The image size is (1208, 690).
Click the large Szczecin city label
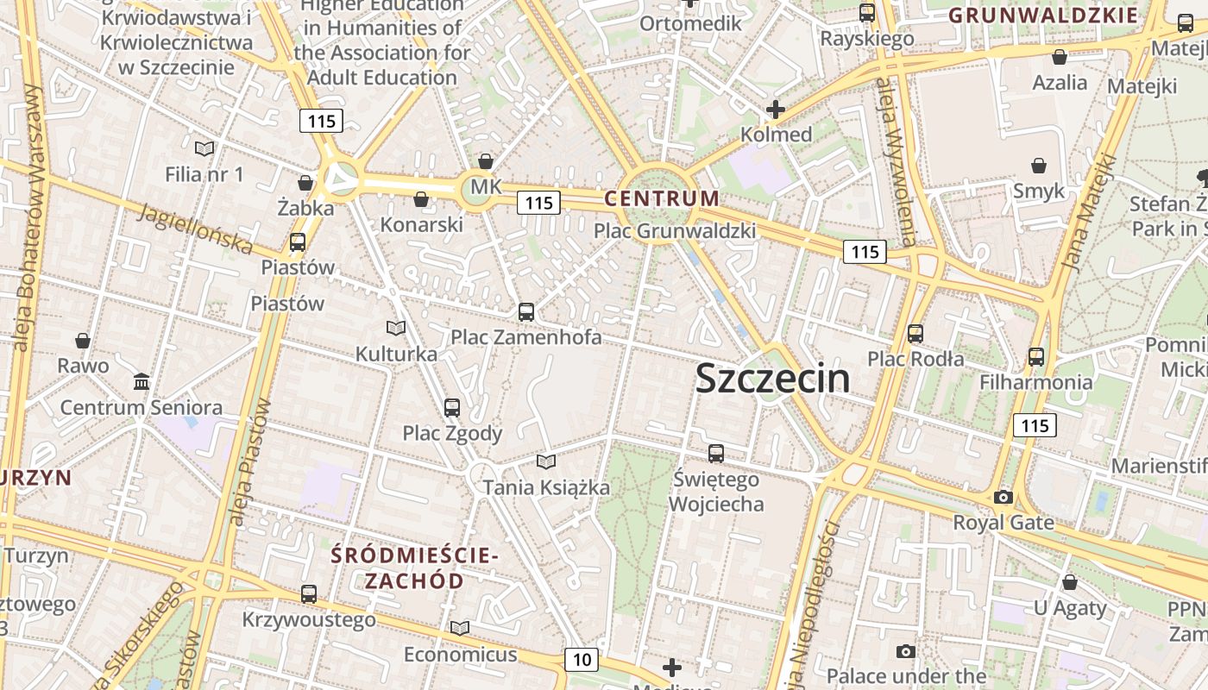(x=772, y=379)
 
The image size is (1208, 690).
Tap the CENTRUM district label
(x=661, y=198)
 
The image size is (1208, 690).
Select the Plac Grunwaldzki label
(x=675, y=230)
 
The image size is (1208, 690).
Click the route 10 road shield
(x=582, y=660)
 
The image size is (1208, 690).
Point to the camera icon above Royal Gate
(x=1003, y=497)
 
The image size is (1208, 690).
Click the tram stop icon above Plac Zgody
(x=451, y=407)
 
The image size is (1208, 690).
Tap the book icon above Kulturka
(x=395, y=329)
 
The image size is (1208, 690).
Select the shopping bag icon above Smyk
(x=1039, y=165)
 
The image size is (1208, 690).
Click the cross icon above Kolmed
(x=775, y=110)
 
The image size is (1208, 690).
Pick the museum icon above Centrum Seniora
(x=142, y=381)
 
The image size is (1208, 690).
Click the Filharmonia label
(x=1035, y=381)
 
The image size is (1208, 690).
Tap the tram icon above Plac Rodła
(x=915, y=333)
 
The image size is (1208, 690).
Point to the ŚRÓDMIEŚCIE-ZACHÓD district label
(x=414, y=568)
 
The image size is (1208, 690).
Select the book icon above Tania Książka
(x=545, y=461)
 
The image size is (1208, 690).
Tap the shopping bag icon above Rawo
(x=83, y=341)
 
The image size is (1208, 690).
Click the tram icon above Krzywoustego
(x=308, y=593)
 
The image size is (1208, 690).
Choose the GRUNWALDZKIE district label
(x=1043, y=15)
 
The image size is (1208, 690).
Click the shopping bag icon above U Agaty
(x=1069, y=583)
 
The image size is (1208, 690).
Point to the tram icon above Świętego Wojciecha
(x=715, y=453)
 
